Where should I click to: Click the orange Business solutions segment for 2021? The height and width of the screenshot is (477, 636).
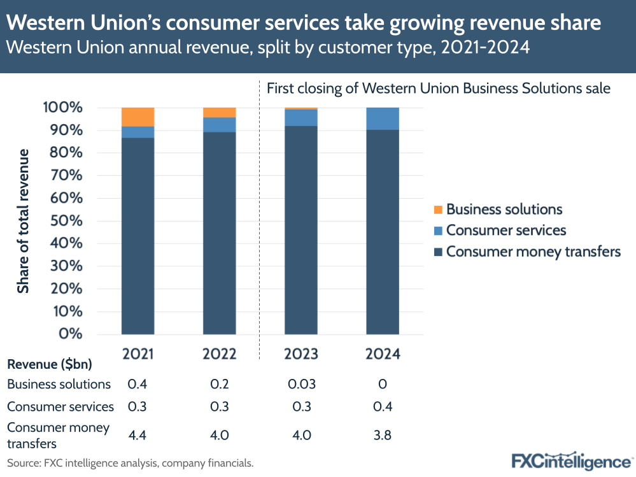[138, 117]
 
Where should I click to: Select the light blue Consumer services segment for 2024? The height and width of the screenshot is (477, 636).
[383, 118]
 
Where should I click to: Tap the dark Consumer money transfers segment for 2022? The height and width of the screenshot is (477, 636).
[219, 232]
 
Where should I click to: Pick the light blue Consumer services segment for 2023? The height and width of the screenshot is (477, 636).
[301, 118]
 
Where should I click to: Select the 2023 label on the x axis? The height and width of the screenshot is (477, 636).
[301, 354]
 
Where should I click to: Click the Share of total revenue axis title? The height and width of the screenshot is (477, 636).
[24, 221]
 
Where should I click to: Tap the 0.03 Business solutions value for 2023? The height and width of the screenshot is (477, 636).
[301, 384]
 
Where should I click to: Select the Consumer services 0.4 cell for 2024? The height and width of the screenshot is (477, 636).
[383, 406]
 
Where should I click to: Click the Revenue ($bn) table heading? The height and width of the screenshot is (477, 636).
[50, 365]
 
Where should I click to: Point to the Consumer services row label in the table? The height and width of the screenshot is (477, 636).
[60, 406]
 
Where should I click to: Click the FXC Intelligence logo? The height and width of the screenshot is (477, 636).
[570, 460]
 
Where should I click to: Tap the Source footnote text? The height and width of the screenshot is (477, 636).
[131, 463]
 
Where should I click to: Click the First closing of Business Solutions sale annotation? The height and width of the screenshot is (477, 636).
[438, 89]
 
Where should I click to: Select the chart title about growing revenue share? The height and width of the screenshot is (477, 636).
[304, 24]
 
